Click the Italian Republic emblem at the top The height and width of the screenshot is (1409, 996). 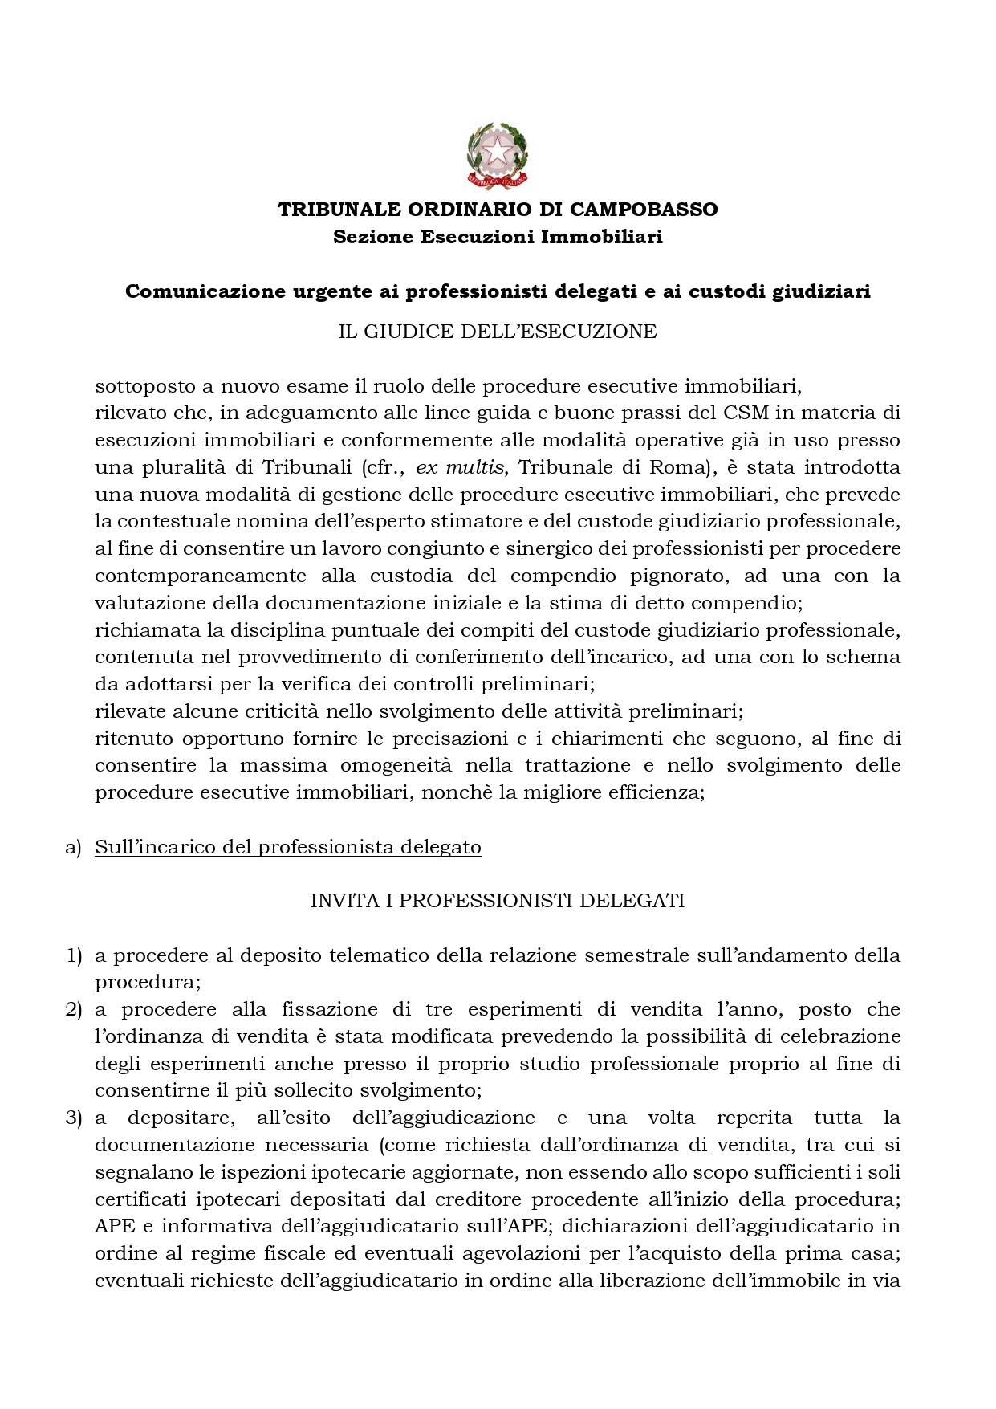[498, 156]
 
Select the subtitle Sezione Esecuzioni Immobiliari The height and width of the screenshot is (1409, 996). [498, 238]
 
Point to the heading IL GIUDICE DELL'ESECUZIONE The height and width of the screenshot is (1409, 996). [498, 332]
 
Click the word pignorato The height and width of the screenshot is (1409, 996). [685, 576]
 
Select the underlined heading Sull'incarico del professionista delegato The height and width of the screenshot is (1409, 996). [287, 847]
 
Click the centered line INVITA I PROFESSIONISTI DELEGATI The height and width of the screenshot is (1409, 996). [498, 901]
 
